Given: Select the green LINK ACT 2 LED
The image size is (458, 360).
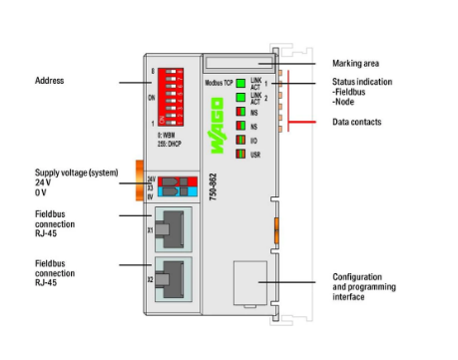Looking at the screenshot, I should click(240, 97).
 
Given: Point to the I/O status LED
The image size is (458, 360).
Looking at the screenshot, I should click(240, 141).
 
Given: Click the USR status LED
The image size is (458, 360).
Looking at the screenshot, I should click(240, 157).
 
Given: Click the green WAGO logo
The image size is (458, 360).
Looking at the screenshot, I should click(218, 131).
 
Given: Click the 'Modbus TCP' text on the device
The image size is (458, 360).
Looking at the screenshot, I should click(218, 79).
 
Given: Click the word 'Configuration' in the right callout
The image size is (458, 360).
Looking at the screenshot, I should click(358, 276).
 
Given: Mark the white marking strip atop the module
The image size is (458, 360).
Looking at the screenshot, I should click(240, 62).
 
